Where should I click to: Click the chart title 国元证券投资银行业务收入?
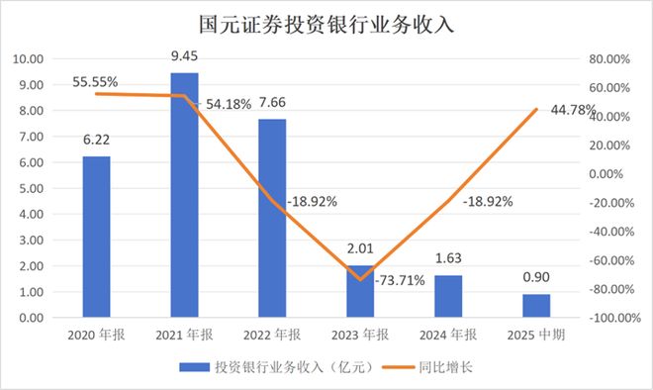coord(326,25)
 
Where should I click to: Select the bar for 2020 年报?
coord(96,238)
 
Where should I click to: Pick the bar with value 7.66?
coord(272,219)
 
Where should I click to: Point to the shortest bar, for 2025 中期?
coord(535,306)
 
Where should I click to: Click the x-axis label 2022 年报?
coord(272,336)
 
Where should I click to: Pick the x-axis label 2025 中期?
coord(535,336)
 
